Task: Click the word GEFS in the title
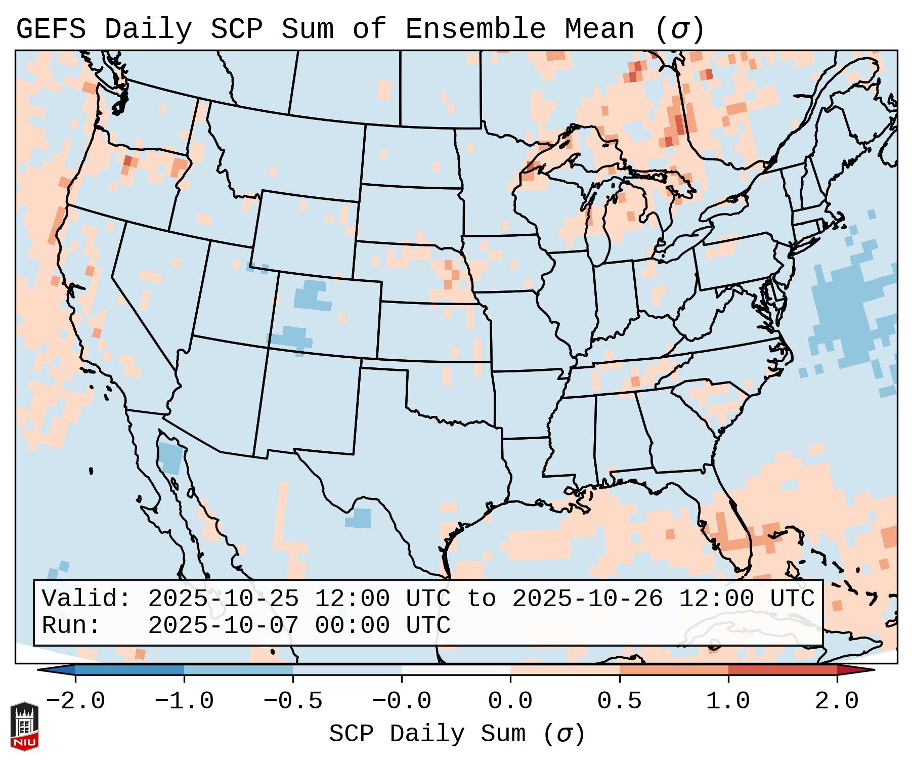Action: tap(51, 29)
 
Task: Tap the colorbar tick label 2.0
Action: tap(837, 701)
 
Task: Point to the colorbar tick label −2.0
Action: tap(75, 701)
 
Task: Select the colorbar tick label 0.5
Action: tap(619, 701)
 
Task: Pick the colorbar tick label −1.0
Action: tap(184, 701)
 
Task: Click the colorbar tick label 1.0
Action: tap(728, 701)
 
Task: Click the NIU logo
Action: tap(24, 726)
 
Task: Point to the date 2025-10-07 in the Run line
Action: tap(223, 625)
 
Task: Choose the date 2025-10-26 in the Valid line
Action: tap(587, 599)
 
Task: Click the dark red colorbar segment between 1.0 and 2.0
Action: tap(783, 670)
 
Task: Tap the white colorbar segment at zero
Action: tap(456, 670)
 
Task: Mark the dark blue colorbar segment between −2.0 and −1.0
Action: tap(129, 670)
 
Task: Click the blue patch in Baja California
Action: tap(169, 457)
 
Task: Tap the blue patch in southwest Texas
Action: tap(359, 518)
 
